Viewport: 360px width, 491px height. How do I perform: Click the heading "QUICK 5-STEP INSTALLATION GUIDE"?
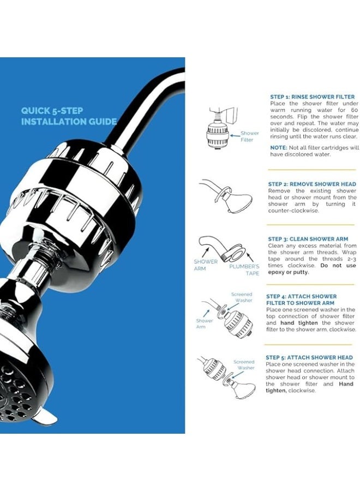69,116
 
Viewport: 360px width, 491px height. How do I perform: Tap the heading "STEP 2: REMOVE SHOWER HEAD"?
311,184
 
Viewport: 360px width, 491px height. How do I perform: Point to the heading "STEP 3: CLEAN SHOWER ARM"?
308,239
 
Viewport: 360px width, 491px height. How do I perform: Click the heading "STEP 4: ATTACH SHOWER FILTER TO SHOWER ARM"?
301,300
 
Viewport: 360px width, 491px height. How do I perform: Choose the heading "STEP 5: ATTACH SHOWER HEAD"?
309,357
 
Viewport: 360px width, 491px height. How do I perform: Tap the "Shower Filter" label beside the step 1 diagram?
249,136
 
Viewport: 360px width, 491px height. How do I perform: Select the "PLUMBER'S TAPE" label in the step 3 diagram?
244,270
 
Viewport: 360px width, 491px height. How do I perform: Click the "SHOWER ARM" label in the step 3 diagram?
205,265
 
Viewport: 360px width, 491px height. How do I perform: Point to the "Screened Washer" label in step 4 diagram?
241,297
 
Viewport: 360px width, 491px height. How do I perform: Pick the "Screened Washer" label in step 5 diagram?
244,364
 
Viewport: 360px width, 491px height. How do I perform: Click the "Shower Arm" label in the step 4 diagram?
205,324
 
